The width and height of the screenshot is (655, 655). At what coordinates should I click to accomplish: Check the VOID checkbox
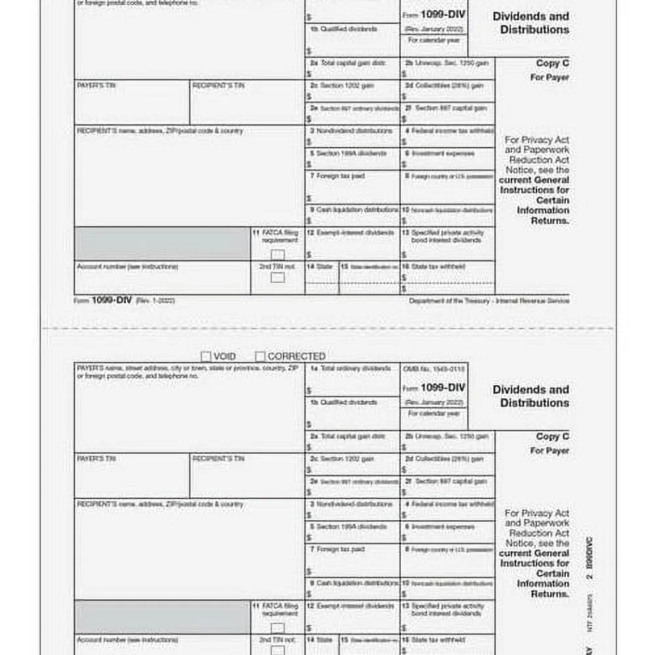click(x=206, y=356)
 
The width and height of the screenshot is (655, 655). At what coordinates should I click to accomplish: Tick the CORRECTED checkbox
click(x=260, y=356)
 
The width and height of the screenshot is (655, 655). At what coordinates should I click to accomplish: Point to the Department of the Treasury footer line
click(x=489, y=301)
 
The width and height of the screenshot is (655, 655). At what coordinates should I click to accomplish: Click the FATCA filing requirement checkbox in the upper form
click(x=278, y=254)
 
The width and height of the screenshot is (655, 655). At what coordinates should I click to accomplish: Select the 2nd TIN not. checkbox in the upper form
click(x=278, y=277)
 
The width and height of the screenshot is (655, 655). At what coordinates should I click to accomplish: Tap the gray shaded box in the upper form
click(x=162, y=243)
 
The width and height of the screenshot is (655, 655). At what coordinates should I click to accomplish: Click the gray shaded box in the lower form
click(x=162, y=616)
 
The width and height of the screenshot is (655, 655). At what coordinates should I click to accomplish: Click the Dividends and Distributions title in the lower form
click(x=531, y=396)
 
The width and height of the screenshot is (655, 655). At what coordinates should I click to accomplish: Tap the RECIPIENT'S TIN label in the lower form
click(x=218, y=458)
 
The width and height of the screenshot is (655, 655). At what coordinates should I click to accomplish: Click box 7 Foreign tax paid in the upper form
click(x=352, y=187)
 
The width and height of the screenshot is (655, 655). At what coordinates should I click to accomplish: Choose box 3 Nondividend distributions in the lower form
click(x=352, y=509)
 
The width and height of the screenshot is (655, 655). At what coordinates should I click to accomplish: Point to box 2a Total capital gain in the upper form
click(x=352, y=68)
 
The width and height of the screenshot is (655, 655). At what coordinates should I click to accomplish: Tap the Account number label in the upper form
click(x=127, y=267)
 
